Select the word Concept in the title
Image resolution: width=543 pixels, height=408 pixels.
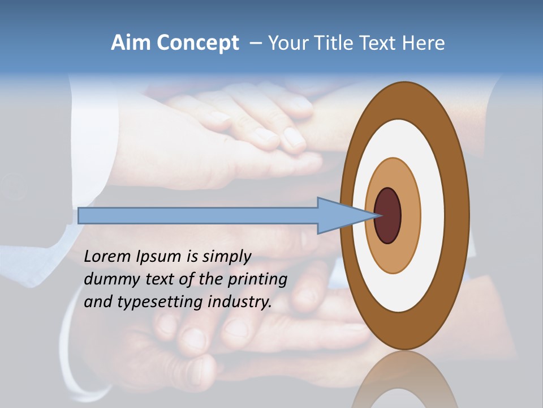[x=197, y=44]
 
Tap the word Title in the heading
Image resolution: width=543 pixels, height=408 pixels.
[x=338, y=43]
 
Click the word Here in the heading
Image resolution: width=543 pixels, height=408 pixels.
[x=424, y=43]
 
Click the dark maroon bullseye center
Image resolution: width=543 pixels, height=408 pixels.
[x=388, y=215]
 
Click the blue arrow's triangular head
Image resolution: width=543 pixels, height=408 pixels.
[x=339, y=215]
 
